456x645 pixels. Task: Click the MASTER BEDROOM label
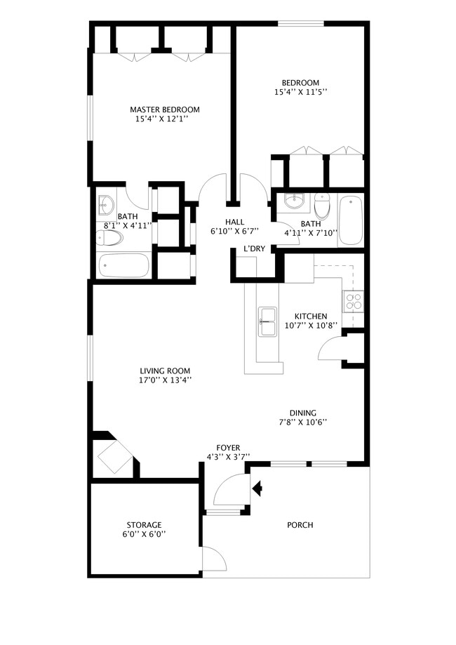pos(164,109)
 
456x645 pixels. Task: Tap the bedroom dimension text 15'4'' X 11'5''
pos(300,92)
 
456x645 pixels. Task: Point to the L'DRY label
pos(254,249)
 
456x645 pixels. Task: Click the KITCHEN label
pos(311,316)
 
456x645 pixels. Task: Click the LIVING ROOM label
pos(164,371)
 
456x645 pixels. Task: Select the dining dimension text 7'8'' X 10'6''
pos(303,422)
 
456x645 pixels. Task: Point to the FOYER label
pos(228,448)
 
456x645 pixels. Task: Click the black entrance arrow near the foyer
pos(257,487)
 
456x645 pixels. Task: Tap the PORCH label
pos(300,525)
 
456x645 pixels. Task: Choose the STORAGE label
pos(144,525)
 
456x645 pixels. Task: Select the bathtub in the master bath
pos(123,266)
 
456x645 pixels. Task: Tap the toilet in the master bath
pos(110,238)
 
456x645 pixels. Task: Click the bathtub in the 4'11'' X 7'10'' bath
pos(349,220)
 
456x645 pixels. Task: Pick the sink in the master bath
pos(105,205)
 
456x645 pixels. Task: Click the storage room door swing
pos(213,559)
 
